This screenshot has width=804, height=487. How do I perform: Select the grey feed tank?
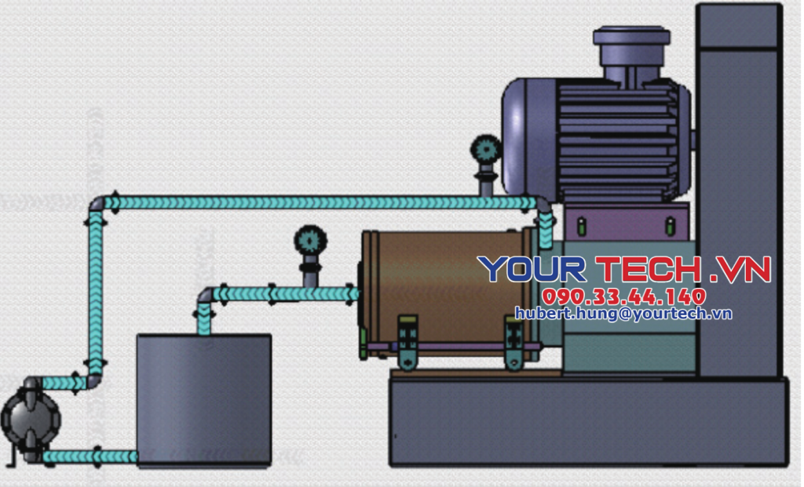point(204,401)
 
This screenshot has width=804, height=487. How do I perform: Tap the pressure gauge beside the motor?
point(485,149)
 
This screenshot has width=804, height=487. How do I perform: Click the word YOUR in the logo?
point(532,269)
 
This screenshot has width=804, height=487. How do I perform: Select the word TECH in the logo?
point(649,269)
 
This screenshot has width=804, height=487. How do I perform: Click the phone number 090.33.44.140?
point(624,296)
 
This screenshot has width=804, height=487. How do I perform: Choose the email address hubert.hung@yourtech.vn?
point(623,314)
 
